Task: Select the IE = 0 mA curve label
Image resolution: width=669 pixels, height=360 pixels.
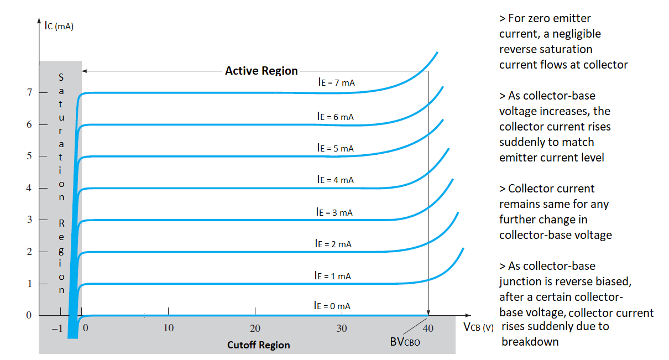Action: [x=332, y=305]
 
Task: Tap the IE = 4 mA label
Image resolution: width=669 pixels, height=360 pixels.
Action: [x=335, y=179]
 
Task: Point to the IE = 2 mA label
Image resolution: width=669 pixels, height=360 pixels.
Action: [x=333, y=243]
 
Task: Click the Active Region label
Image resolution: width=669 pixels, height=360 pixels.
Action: [x=261, y=71]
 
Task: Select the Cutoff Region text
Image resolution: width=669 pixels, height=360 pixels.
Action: [x=258, y=345]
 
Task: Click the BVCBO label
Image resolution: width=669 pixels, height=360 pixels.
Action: [x=405, y=342]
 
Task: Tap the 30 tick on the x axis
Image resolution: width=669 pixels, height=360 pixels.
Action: [x=342, y=328]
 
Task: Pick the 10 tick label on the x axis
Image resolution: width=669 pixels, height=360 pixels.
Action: [x=168, y=328]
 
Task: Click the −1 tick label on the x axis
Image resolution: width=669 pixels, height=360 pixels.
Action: [x=57, y=328]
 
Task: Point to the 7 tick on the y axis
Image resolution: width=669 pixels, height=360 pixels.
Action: [x=29, y=92]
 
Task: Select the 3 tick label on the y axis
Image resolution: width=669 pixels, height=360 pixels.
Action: [x=29, y=220]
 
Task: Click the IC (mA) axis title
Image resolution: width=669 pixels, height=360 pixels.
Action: [x=59, y=25]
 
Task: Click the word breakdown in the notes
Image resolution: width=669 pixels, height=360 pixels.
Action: [x=530, y=341]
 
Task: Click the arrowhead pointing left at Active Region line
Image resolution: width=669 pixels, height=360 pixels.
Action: [x=85, y=71]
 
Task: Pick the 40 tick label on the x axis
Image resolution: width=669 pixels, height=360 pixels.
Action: [x=427, y=328]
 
